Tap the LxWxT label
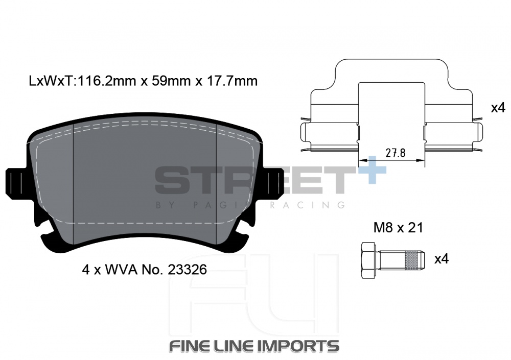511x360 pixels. (52, 81)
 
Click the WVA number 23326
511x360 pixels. (187, 270)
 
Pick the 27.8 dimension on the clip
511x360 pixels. (396, 153)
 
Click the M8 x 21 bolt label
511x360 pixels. (398, 228)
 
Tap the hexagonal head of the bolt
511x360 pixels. (370, 260)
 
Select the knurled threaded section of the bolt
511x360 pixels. (411, 260)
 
